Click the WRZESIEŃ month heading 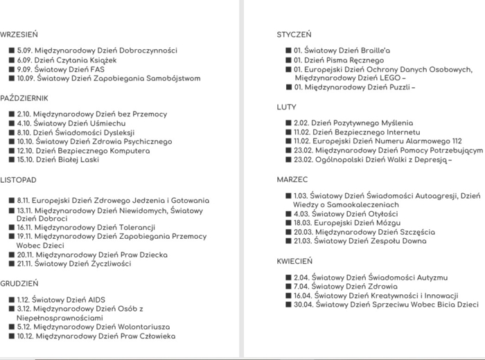(19, 34)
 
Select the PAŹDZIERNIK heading (24, 98)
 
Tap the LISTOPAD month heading (18, 180)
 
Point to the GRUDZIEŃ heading (19, 283)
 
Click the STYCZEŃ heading (294, 34)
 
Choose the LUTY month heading (287, 107)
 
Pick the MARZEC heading (292, 179)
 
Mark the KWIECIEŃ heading (295, 262)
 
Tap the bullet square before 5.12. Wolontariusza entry (11, 327)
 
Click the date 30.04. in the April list (303, 304)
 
